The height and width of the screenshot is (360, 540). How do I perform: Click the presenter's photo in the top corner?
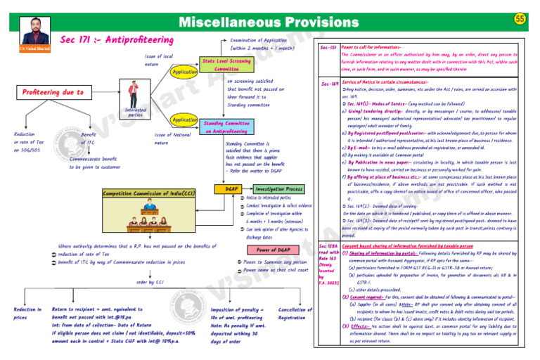click(27, 32)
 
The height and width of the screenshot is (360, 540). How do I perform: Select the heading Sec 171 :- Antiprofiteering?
click(117, 39)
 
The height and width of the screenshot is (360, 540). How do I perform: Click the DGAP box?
click(229, 191)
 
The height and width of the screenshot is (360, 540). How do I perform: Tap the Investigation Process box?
click(279, 191)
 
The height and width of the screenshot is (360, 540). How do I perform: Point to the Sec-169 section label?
click(328, 84)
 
